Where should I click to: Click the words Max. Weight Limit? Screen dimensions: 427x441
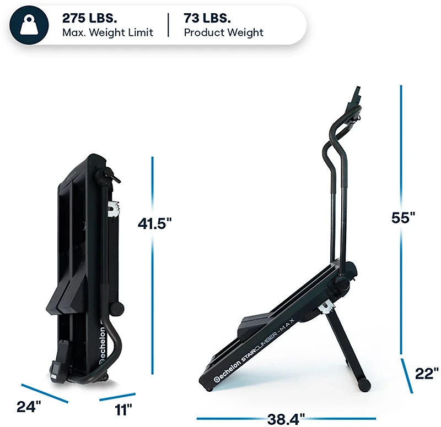[x=107, y=32]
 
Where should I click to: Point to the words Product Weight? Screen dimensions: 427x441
[x=223, y=32]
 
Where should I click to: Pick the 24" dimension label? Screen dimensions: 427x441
[x=29, y=407]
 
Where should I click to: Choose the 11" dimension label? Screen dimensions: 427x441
[x=123, y=409]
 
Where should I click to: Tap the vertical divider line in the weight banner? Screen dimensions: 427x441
[x=169, y=25]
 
